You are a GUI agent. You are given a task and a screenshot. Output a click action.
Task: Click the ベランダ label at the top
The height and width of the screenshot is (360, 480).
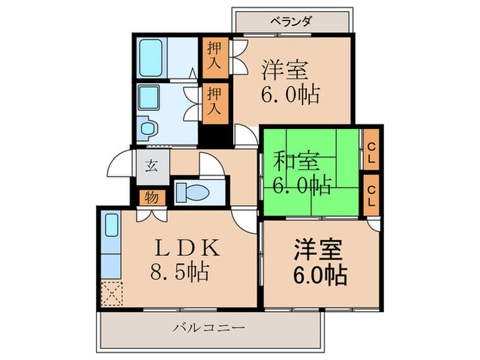coord(291,21)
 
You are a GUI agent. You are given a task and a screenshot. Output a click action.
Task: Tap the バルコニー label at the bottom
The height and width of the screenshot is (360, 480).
coord(208,328)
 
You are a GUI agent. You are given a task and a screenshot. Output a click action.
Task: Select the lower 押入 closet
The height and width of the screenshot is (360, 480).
coord(214,101)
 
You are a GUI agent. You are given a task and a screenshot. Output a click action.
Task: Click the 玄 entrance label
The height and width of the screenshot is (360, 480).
coord(149,166)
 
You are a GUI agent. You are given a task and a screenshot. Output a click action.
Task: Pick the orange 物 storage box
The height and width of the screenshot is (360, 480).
coord(151,198)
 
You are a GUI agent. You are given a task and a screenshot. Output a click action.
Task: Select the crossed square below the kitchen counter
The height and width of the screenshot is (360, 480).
coord(111,293)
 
